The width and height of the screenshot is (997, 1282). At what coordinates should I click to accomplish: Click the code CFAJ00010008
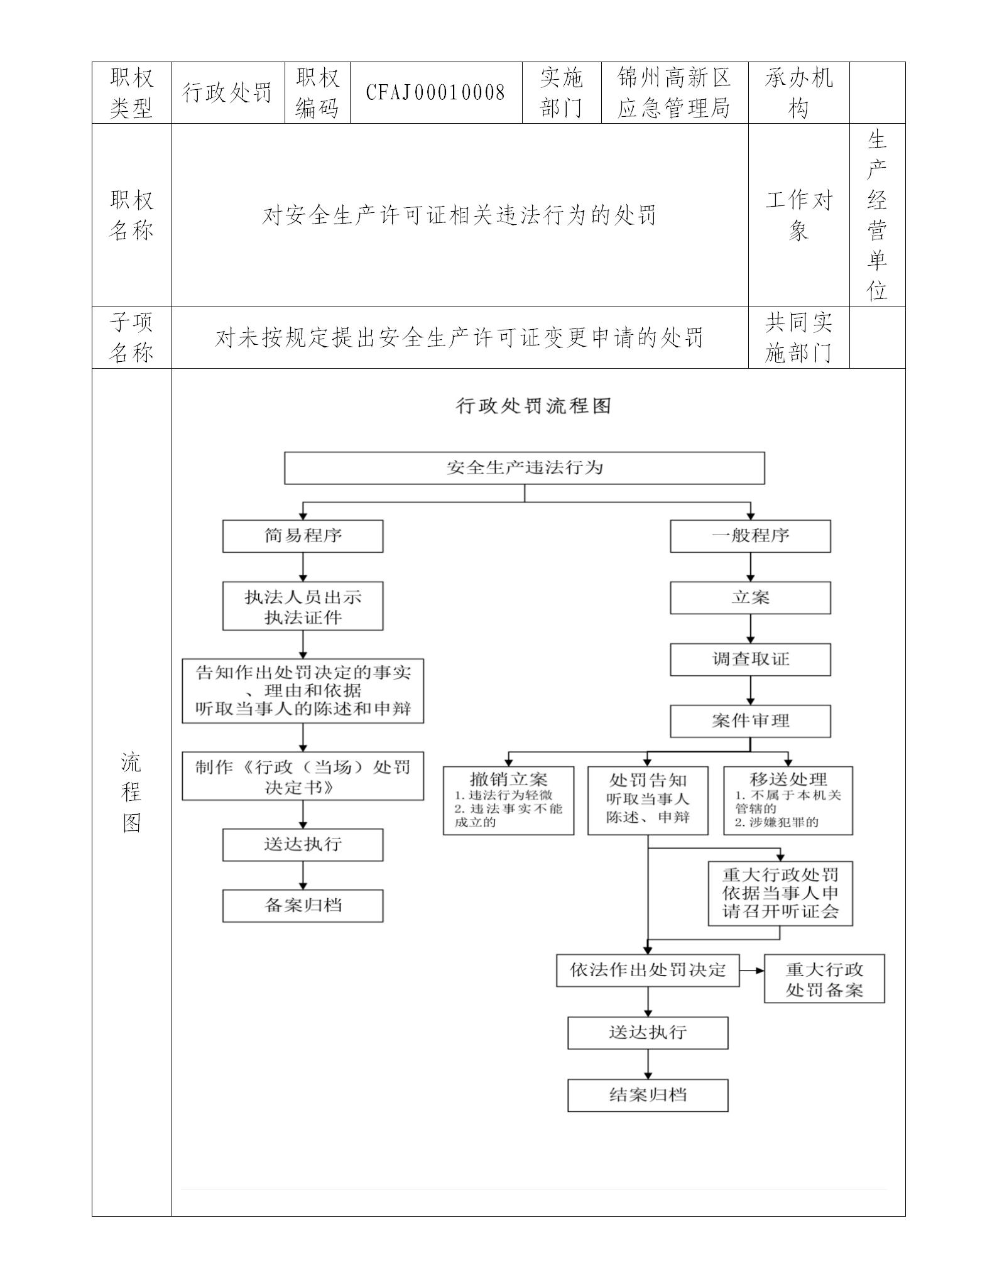pos(435,93)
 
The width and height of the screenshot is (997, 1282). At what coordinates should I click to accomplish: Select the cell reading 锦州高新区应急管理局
pos(674,93)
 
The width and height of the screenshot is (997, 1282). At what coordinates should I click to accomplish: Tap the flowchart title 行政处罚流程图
pos(533,406)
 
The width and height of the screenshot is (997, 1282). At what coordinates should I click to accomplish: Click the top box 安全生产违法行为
pos(525,468)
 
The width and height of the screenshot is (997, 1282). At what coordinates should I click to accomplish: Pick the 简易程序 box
pos(303,536)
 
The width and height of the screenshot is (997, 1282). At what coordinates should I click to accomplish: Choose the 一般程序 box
pos(750,536)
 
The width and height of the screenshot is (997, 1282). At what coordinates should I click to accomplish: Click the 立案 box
pos(750,598)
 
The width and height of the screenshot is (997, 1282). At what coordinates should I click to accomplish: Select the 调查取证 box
pos(750,660)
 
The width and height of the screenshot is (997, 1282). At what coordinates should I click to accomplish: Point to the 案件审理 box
pos(750,721)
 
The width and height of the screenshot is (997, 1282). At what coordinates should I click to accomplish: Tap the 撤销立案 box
pos(508,800)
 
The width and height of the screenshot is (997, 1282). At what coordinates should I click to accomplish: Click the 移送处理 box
pos(788,800)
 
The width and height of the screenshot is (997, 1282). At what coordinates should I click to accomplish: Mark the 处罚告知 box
pos(648,800)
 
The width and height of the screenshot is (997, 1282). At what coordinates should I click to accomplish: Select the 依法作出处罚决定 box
pos(648,970)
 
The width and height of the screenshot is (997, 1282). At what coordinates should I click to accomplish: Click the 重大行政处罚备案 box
pos(824,979)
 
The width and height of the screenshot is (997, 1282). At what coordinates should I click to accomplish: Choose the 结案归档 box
pos(648,1095)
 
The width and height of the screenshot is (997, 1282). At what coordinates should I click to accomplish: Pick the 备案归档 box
pos(303,906)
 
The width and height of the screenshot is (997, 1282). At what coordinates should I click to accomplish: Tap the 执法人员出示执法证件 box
pos(303,606)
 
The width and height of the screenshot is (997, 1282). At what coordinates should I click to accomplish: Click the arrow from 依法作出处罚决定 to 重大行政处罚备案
pos(751,970)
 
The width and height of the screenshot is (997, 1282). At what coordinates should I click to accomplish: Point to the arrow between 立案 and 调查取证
pos(750,629)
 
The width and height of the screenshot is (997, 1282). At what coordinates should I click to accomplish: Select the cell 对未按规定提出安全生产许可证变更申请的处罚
pos(459,338)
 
